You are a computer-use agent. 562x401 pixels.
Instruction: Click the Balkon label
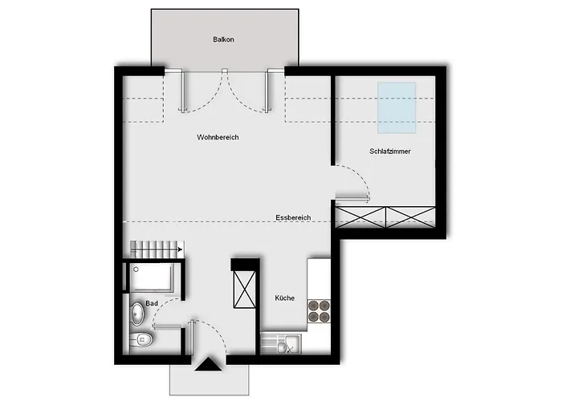click(x=223, y=39)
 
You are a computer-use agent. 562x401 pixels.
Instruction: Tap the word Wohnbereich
click(x=218, y=137)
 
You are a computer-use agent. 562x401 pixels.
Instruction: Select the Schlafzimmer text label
click(x=390, y=152)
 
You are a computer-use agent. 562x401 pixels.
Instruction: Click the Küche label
click(x=284, y=298)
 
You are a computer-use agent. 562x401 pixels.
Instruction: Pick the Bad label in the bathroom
click(x=152, y=304)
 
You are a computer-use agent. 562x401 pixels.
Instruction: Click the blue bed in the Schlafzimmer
click(x=397, y=107)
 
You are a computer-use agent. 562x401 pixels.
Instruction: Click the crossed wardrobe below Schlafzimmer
click(x=385, y=217)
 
